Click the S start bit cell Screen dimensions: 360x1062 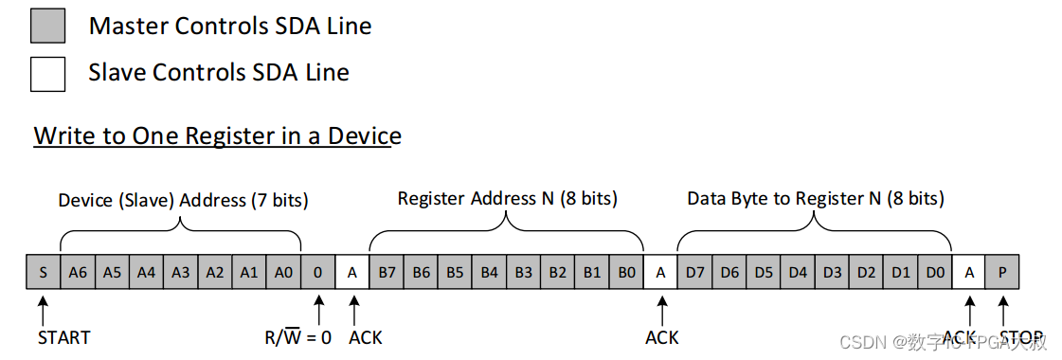[x=44, y=272]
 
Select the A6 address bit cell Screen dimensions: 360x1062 [x=78, y=272]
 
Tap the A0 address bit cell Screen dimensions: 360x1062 [x=283, y=272]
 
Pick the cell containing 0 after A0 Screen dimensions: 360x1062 [x=317, y=272]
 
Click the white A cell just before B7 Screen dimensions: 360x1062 [x=352, y=272]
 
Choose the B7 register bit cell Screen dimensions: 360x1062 [x=387, y=272]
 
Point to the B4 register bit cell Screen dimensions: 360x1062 [x=489, y=272]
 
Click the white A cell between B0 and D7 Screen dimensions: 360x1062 [x=660, y=272]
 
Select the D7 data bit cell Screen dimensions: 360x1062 [x=695, y=272]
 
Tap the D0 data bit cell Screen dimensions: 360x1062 [x=935, y=272]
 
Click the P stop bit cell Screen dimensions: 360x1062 [x=1002, y=272]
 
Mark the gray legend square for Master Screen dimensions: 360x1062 [x=47, y=26]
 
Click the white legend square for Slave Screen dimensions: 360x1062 [x=47, y=73]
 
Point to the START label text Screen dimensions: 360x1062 [x=64, y=337]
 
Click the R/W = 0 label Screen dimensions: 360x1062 [x=297, y=337]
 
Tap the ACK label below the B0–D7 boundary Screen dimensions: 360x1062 [x=661, y=337]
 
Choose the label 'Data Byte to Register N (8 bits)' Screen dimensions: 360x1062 [x=815, y=198]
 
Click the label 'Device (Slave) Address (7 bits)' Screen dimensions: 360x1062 [x=183, y=200]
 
